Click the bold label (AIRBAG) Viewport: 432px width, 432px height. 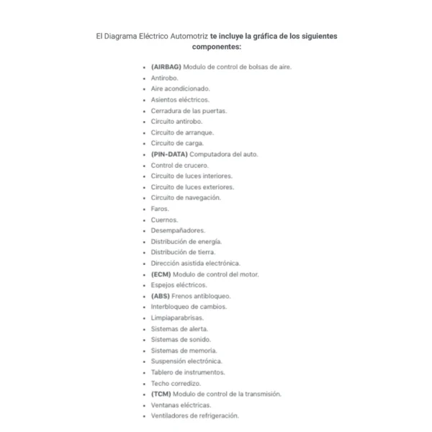(166, 67)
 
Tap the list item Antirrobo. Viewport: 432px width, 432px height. (165, 78)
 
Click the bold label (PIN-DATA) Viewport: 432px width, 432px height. (168, 154)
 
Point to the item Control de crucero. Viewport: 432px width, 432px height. (179, 165)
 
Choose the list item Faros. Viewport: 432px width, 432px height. (160, 209)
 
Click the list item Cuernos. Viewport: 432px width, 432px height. (163, 220)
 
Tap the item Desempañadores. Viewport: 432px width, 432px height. (178, 230)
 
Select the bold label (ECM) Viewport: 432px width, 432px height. (161, 274)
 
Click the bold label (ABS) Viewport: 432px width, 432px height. (161, 296)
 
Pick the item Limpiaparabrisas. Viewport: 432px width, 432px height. (177, 318)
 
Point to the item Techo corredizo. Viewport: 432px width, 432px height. (176, 384)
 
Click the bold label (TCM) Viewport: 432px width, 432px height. (161, 395)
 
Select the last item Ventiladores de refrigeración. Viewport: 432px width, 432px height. (194, 416)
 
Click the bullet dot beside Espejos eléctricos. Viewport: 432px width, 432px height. (145, 285)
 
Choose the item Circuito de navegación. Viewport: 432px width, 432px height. (186, 198)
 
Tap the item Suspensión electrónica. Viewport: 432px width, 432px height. (186, 361)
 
